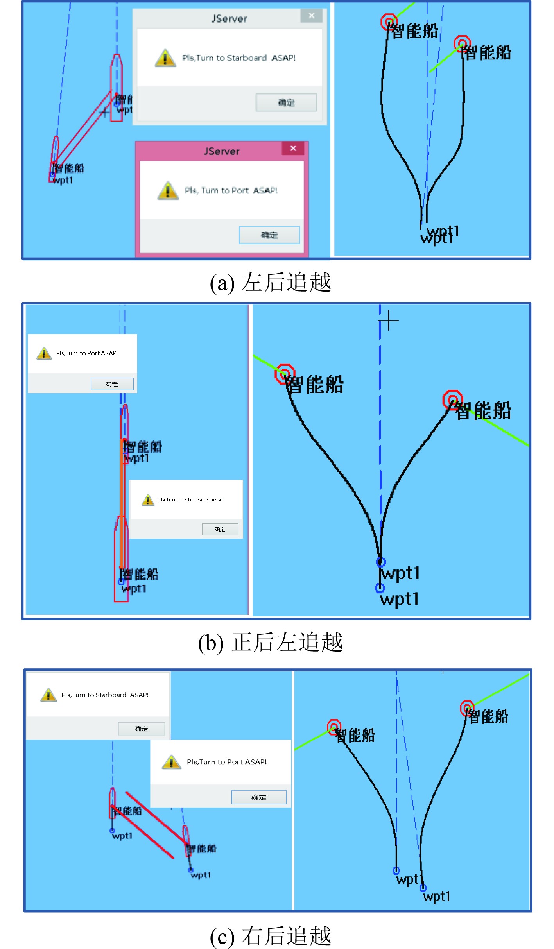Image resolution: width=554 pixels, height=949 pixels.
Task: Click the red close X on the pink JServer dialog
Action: click(x=293, y=149)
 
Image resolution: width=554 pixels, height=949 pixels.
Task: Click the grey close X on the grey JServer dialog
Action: click(x=312, y=16)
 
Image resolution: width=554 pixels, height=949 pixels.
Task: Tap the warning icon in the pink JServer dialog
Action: click(x=168, y=190)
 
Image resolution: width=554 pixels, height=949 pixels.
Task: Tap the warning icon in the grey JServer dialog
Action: click(x=165, y=58)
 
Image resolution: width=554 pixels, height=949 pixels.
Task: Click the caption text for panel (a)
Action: click(x=271, y=282)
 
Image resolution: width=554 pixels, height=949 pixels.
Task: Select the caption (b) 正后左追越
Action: click(x=271, y=642)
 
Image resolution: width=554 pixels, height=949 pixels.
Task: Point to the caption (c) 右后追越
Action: click(x=271, y=936)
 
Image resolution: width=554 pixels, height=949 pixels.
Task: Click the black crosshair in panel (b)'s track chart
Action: click(x=389, y=321)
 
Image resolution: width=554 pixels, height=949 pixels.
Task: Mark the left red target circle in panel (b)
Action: click(x=285, y=374)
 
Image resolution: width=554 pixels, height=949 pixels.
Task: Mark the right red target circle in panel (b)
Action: click(x=453, y=400)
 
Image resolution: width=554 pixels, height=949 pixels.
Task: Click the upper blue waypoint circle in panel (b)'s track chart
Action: click(x=381, y=562)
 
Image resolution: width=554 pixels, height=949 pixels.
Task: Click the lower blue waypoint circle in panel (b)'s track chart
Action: click(x=380, y=588)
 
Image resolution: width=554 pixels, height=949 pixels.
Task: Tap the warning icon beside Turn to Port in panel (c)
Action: click(x=171, y=762)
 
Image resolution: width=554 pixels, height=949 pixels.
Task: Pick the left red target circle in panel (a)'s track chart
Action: click(x=389, y=22)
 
